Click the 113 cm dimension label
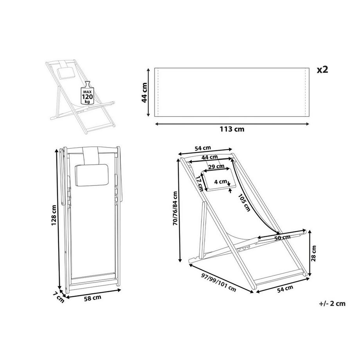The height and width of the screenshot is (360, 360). coord(232,129)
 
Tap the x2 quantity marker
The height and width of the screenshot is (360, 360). coord(322,69)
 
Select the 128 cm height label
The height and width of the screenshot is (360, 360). coord(54,215)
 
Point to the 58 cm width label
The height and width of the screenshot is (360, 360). coord(92,298)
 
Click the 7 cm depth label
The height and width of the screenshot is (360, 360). coord(59,297)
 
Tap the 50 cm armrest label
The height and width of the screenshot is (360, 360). coord(283,238)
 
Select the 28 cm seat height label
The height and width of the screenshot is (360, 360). coord(313,253)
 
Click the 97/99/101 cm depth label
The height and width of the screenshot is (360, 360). coord(219,283)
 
